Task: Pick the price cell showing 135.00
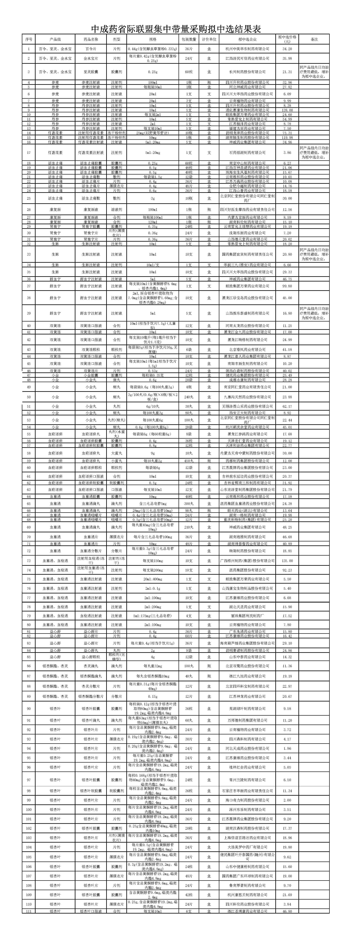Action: (x=287, y=561)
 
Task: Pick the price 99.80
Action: (x=287, y=286)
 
